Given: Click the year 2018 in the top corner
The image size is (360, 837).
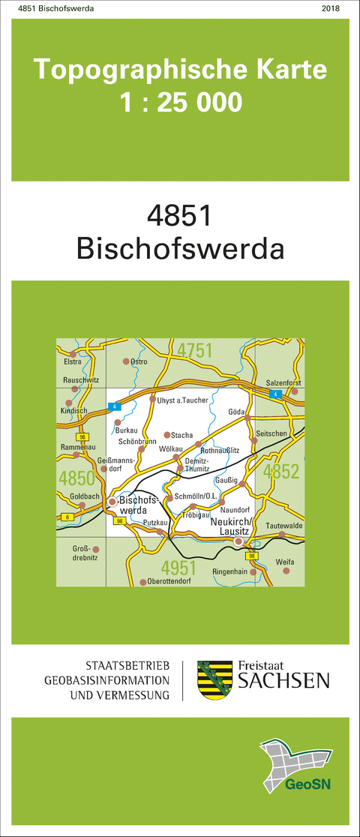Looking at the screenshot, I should (329, 8).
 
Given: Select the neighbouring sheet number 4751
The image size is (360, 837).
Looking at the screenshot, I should (195, 350).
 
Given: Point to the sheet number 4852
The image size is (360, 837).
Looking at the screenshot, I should (282, 471).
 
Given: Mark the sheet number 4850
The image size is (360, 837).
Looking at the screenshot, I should (76, 478).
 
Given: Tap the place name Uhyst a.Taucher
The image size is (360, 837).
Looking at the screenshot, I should (182, 400).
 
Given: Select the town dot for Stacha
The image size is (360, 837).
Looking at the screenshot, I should (166, 434).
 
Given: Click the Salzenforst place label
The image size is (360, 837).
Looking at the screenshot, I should (283, 383).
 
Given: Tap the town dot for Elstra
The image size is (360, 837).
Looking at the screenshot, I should (73, 353).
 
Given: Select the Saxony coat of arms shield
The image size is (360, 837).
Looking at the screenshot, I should (212, 680).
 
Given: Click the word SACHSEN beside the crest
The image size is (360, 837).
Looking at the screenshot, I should (283, 680).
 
